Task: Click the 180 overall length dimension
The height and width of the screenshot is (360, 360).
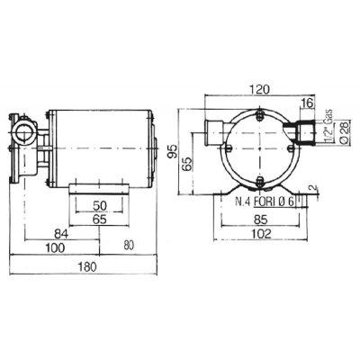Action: (x=87, y=266)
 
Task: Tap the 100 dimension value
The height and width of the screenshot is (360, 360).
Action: (x=55, y=247)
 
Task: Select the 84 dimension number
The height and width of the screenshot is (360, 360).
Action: (x=61, y=234)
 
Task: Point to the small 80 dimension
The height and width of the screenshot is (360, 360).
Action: (x=129, y=246)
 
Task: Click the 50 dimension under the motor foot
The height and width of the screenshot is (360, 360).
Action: (x=100, y=206)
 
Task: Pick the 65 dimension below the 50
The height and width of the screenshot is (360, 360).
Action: (x=100, y=220)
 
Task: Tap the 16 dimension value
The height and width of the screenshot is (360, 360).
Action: (x=307, y=103)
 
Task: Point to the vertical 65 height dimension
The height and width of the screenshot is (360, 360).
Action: (x=187, y=164)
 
